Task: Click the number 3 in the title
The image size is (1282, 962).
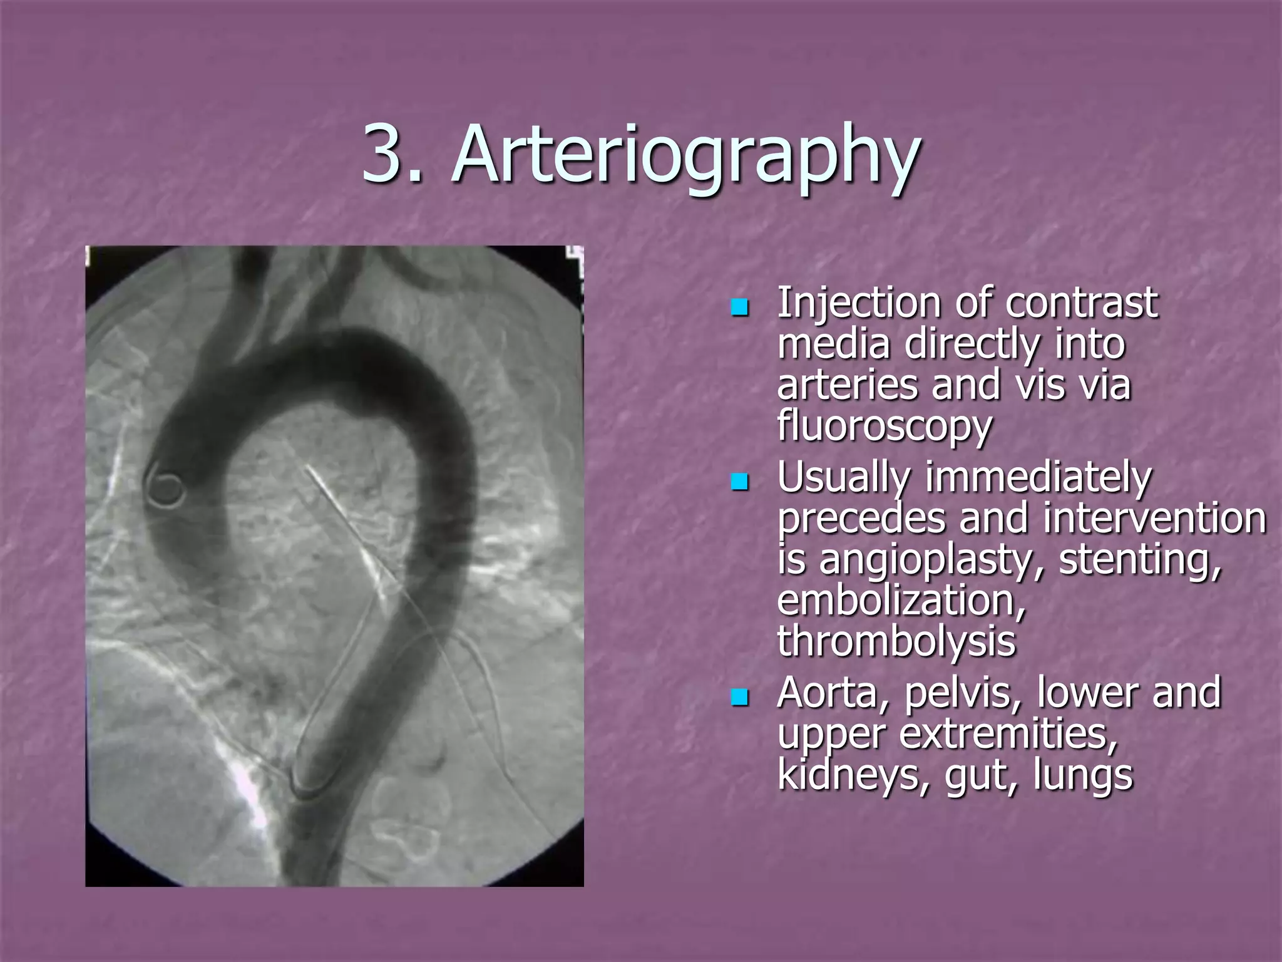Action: [x=383, y=153]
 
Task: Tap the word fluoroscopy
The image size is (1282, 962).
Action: [x=885, y=427]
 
